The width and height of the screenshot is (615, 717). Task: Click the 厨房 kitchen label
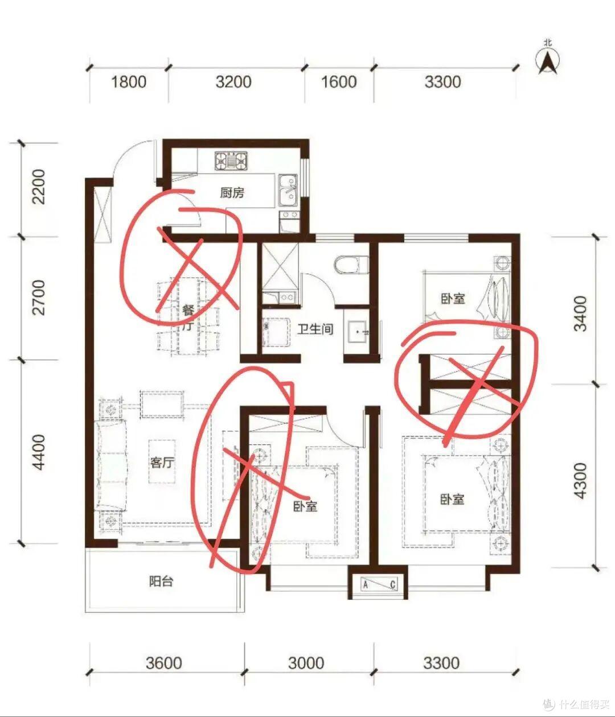tap(232, 193)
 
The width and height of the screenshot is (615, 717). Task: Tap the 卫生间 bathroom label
tap(315, 328)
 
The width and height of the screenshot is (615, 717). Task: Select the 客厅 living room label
tap(162, 463)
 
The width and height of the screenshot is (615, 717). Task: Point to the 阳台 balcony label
tap(161, 582)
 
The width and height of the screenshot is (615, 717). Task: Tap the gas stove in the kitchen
tap(231, 161)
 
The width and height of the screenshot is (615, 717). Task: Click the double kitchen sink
tap(288, 192)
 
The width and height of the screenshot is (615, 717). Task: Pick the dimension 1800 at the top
tap(129, 82)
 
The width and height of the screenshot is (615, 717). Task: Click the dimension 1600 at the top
tap(339, 82)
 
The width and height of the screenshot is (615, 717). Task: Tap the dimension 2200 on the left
tap(39, 187)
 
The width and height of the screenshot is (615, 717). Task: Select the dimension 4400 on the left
tap(39, 452)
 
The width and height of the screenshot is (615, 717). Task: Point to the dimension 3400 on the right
tap(580, 314)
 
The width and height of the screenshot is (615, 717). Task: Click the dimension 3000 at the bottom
tap(306, 663)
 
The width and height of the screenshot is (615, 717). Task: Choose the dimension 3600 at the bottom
tap(164, 663)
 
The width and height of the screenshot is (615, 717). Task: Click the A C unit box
tap(379, 585)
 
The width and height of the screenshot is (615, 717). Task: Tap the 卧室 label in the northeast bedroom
tap(453, 299)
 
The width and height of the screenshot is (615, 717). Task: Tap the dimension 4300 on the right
tap(580, 480)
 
